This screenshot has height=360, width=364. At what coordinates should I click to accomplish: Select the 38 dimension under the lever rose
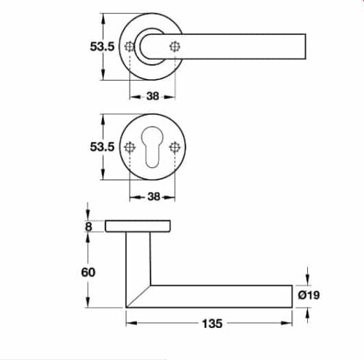pyautogui.click(x=152, y=94)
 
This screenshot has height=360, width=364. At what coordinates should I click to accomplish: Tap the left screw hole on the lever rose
pyautogui.click(x=130, y=47)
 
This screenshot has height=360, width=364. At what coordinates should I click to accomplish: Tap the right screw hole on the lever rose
pyautogui.click(x=174, y=47)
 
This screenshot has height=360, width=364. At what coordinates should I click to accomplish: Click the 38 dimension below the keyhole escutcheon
pyautogui.click(x=152, y=195)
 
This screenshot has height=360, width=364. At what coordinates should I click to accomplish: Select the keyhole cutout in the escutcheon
pyautogui.click(x=152, y=149)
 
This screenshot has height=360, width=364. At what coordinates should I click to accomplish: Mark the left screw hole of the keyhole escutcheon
pyautogui.click(x=130, y=147)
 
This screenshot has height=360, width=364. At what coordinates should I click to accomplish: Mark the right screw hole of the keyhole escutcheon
pyautogui.click(x=174, y=147)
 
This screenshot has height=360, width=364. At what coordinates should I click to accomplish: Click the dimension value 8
pyautogui.click(x=89, y=226)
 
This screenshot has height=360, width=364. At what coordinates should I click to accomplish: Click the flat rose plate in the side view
pyautogui.click(x=139, y=226)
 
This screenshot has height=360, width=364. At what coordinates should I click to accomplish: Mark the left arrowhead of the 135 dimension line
pyautogui.click(x=130, y=321)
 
